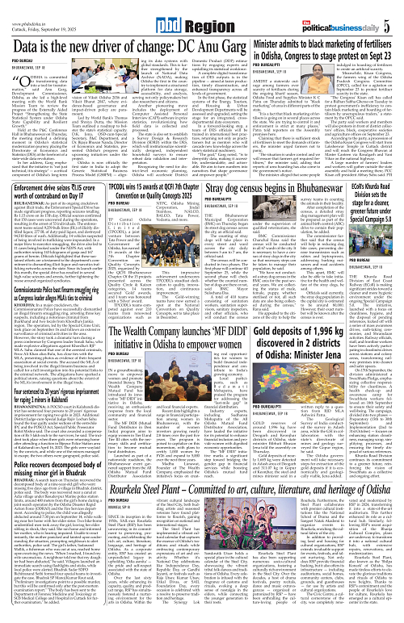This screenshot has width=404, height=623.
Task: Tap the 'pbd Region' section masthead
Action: click(x=201, y=15)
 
